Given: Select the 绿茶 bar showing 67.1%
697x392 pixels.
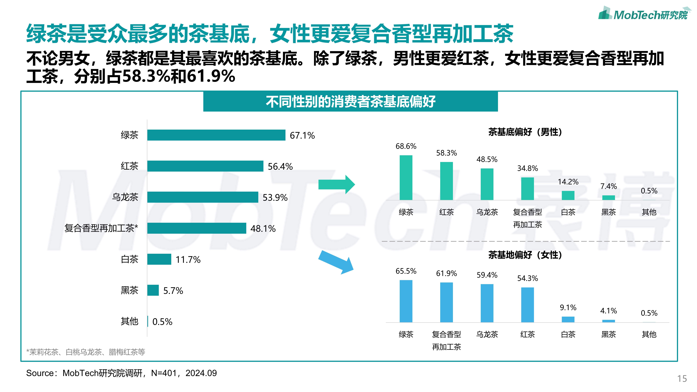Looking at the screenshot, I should click(216, 135).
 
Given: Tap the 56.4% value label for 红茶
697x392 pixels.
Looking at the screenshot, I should click(280, 166).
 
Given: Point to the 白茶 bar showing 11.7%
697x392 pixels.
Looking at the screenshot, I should click(159, 259).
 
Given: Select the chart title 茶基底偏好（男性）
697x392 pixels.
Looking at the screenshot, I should click(525, 132).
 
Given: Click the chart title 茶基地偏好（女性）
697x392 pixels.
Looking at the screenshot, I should click(525, 255).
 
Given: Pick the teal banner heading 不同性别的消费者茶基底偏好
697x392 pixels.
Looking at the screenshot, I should click(350, 102).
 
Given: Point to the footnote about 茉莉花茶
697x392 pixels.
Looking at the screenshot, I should click(86, 352).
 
